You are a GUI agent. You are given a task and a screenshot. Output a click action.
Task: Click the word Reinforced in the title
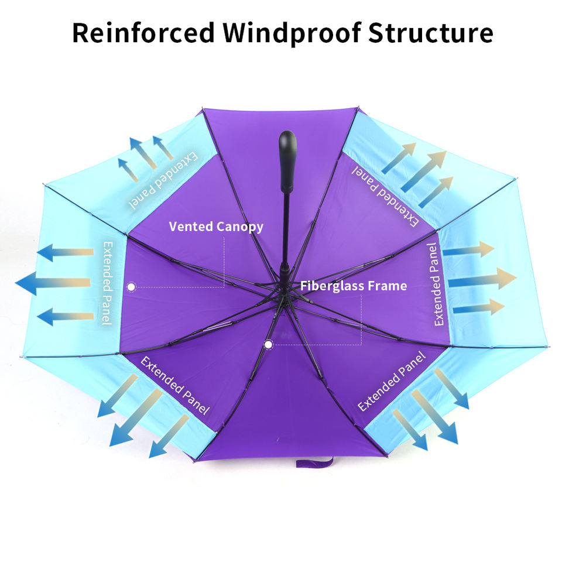(143, 33)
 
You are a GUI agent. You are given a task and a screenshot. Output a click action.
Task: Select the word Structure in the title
(431, 33)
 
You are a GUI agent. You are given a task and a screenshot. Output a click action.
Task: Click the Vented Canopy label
(216, 227)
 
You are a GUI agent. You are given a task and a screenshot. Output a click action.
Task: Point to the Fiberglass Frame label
(354, 286)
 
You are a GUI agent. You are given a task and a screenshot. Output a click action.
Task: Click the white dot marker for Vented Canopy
(132, 287)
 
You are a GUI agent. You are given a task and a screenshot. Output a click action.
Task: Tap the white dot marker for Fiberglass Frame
(268, 345)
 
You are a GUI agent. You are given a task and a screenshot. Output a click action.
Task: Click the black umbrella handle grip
(287, 162)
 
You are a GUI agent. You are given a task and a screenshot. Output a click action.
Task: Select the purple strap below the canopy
(315, 462)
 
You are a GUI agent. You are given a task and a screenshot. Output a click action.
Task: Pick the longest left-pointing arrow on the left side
(53, 283)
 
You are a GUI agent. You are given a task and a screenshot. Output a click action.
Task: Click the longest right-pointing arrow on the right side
(482, 279)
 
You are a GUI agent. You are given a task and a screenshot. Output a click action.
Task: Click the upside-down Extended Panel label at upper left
(163, 180)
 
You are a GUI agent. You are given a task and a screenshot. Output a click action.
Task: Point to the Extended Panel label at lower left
(175, 385)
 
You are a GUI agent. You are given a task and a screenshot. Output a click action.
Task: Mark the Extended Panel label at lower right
(392, 381)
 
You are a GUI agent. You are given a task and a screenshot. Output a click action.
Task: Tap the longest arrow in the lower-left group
(136, 418)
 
